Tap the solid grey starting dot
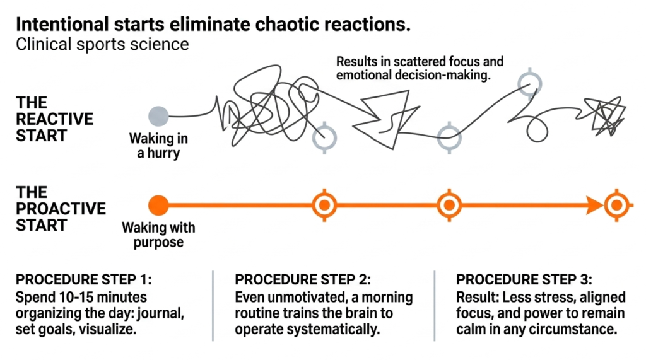click(158, 116)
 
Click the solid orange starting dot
click(158, 205)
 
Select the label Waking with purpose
click(158, 235)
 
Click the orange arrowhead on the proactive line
click(592, 205)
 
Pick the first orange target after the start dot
click(325, 205)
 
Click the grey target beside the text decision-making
click(529, 82)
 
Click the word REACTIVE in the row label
click(54, 119)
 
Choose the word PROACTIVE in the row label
click(61, 208)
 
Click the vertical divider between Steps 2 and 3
click(435, 306)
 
